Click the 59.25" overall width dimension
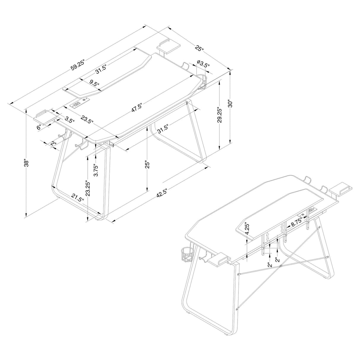(x=78, y=65)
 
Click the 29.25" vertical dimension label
(x=219, y=115)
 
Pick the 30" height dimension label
(x=230, y=103)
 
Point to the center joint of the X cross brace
(x=280, y=266)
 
